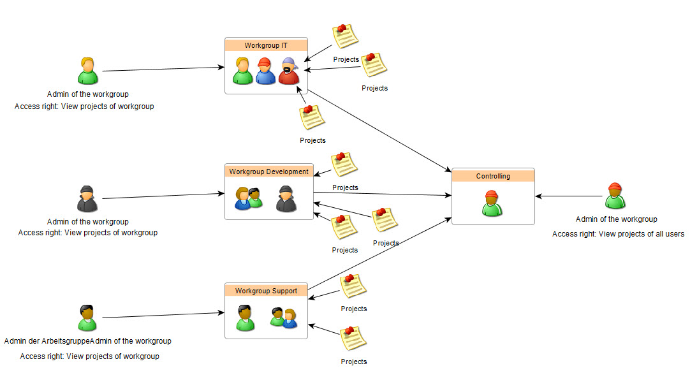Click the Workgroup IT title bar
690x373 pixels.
pyautogui.click(x=266, y=46)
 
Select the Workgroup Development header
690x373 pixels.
pyautogui.click(x=268, y=172)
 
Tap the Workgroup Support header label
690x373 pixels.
pyautogui.click(x=266, y=291)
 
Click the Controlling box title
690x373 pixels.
pyautogui.click(x=493, y=177)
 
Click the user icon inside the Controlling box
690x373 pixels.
pyautogui.click(x=492, y=203)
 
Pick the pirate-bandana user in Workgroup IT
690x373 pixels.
pyautogui.click(x=289, y=71)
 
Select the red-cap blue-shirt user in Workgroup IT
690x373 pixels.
pyautogui.click(x=265, y=71)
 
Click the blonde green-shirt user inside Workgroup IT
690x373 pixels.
pyautogui.click(x=243, y=71)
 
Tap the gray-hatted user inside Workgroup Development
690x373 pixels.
pyautogui.click(x=286, y=199)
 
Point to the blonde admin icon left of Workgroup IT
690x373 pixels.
pyautogui.click(x=88, y=71)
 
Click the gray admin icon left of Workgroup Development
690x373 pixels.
pyautogui.click(x=87, y=198)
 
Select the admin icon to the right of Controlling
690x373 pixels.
pyautogui.click(x=615, y=196)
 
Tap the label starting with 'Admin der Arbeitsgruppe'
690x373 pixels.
pyautogui.click(x=87, y=341)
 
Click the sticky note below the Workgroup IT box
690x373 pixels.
pyautogui.click(x=312, y=117)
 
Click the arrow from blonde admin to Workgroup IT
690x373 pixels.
pyautogui.click(x=163, y=69)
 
